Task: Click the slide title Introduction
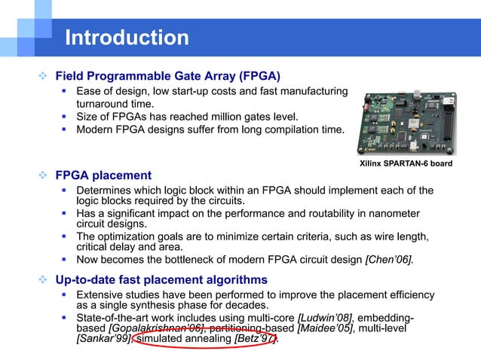pyautogui.click(x=127, y=37)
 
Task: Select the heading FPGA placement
pyautogui.click(x=103, y=175)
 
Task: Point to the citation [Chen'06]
pyautogui.click(x=389, y=260)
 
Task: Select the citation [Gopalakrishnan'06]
pyautogui.click(x=157, y=328)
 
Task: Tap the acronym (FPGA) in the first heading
pyautogui.click(x=254, y=76)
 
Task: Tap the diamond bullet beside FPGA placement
pyautogui.click(x=44, y=175)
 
